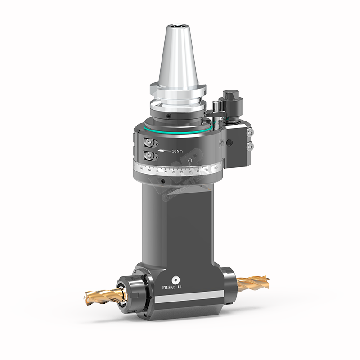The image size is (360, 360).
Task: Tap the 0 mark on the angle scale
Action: (x=191, y=171)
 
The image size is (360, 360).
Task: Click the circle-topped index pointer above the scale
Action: (x=191, y=161)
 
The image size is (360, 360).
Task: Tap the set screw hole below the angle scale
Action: (x=161, y=182)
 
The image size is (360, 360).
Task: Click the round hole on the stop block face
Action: (x=229, y=143)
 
